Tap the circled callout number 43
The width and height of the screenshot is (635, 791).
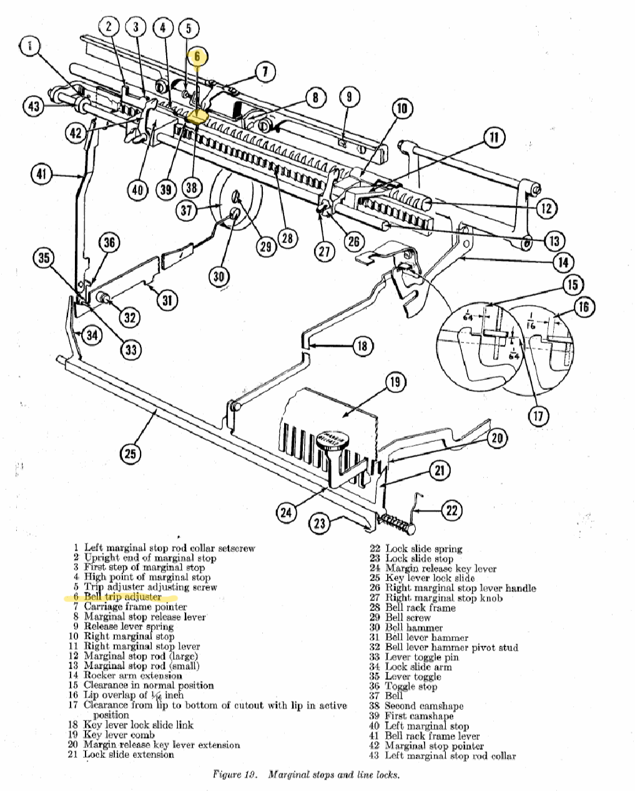[34, 107]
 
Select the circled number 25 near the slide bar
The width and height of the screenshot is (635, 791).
[129, 453]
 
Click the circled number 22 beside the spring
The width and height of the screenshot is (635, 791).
[452, 510]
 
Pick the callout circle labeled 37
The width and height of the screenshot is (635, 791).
[187, 210]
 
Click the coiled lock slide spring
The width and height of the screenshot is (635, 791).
[396, 520]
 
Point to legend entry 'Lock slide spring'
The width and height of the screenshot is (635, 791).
[423, 549]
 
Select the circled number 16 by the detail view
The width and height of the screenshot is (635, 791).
[583, 307]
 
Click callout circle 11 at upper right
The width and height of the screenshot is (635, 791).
[493, 137]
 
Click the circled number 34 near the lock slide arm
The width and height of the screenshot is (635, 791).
[92, 336]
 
